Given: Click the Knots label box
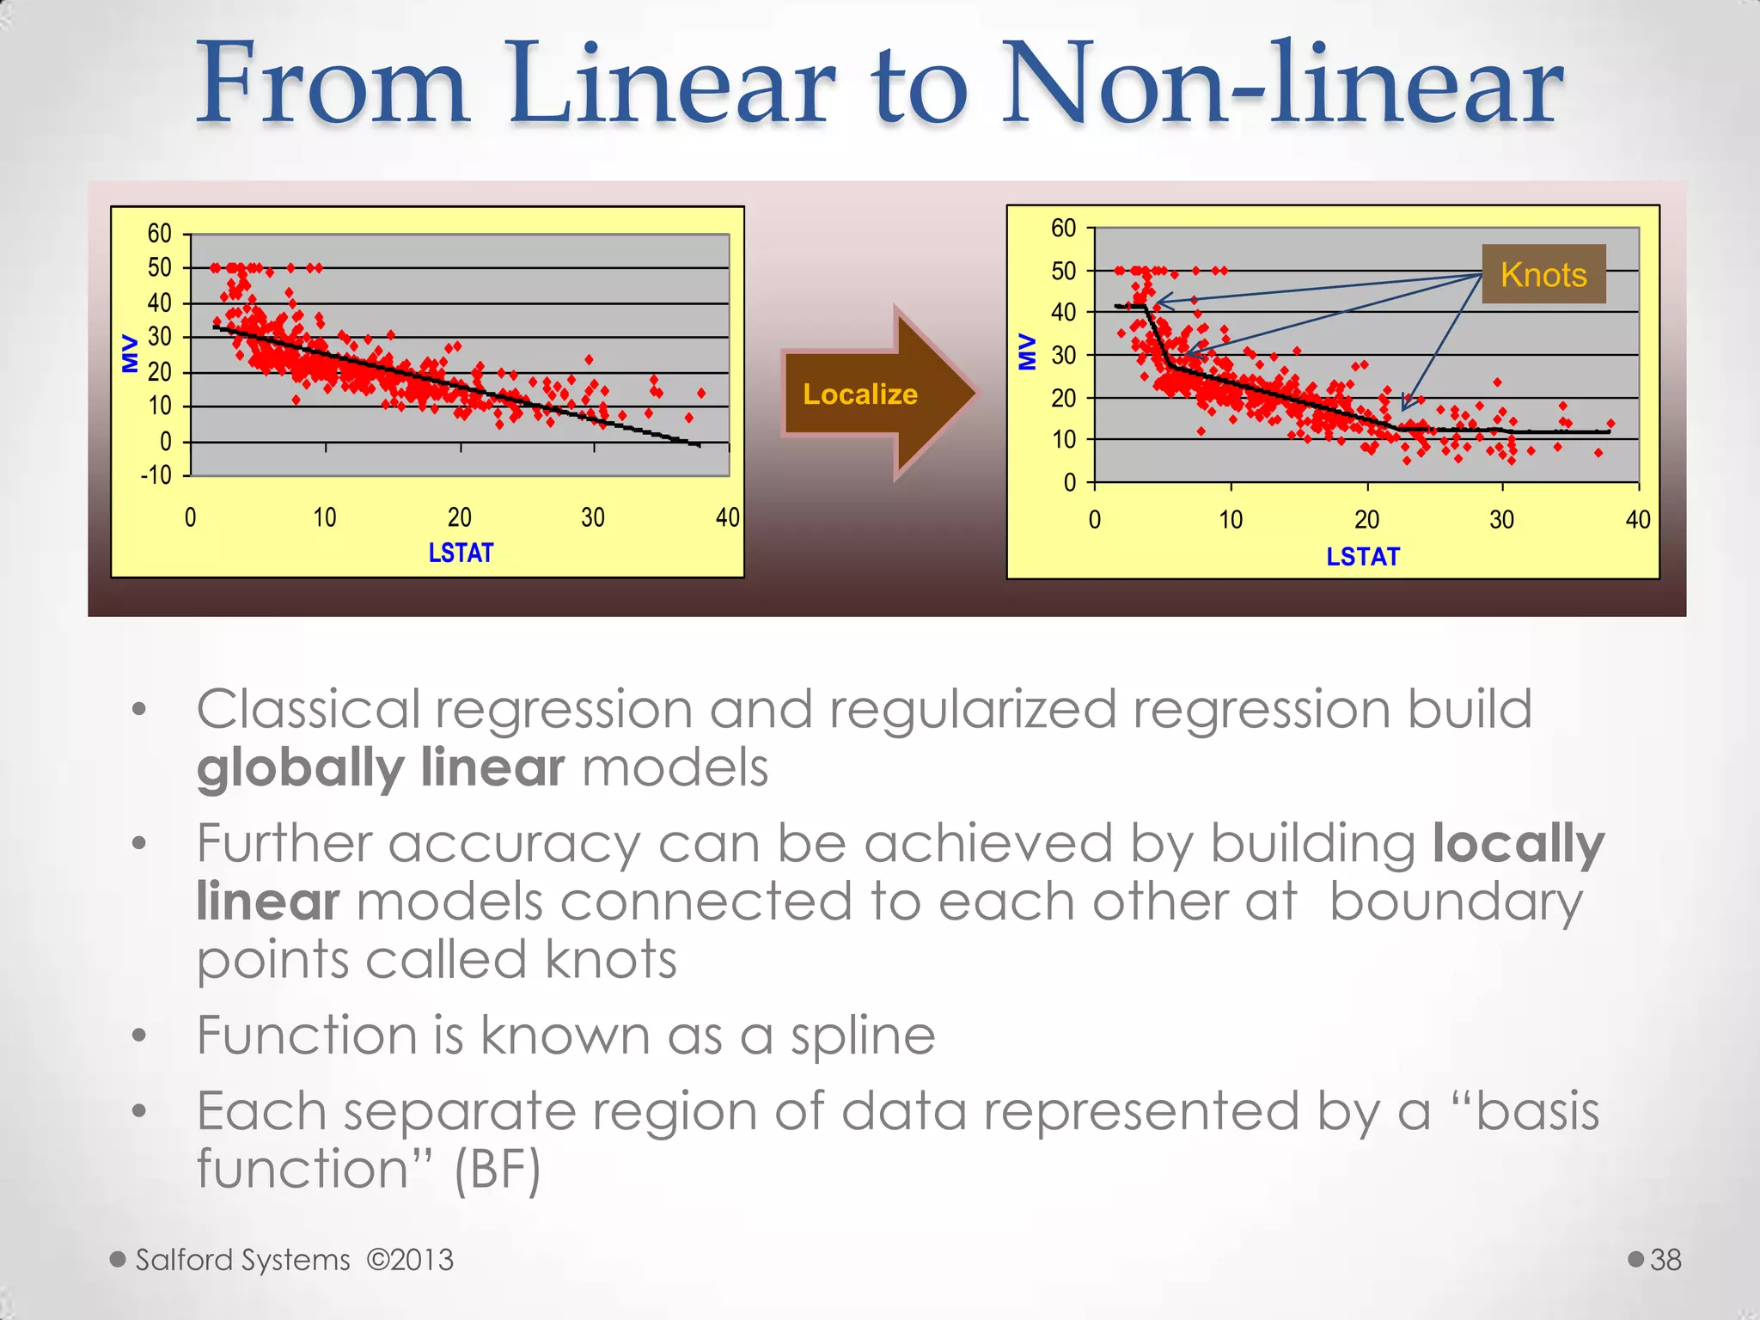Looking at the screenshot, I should [1543, 274].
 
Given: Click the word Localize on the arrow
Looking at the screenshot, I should [859, 394].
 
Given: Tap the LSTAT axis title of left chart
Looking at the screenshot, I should [461, 553].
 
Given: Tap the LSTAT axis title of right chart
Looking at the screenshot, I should [1362, 557].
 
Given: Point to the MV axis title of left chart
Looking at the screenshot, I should [131, 353].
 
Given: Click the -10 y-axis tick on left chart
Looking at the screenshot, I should [156, 475].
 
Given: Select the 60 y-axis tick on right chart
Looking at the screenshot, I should [1063, 229].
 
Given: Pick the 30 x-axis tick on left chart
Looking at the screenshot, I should [593, 517].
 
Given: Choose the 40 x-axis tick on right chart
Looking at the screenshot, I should [1637, 519].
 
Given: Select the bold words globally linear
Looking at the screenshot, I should [381, 767].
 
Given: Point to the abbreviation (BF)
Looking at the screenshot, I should [498, 1170].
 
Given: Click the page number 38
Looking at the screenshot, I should [1665, 1260].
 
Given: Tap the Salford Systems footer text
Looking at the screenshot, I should [243, 1260].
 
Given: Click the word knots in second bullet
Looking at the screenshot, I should [610, 959].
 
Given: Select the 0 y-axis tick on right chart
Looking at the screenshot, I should [1069, 483].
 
